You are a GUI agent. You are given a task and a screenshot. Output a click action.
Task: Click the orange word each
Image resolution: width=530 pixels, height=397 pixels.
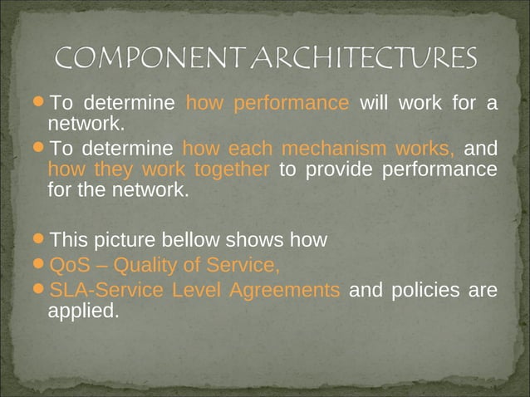(x=251, y=149)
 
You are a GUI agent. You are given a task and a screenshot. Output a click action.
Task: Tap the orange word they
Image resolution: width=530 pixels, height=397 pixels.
(x=111, y=170)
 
